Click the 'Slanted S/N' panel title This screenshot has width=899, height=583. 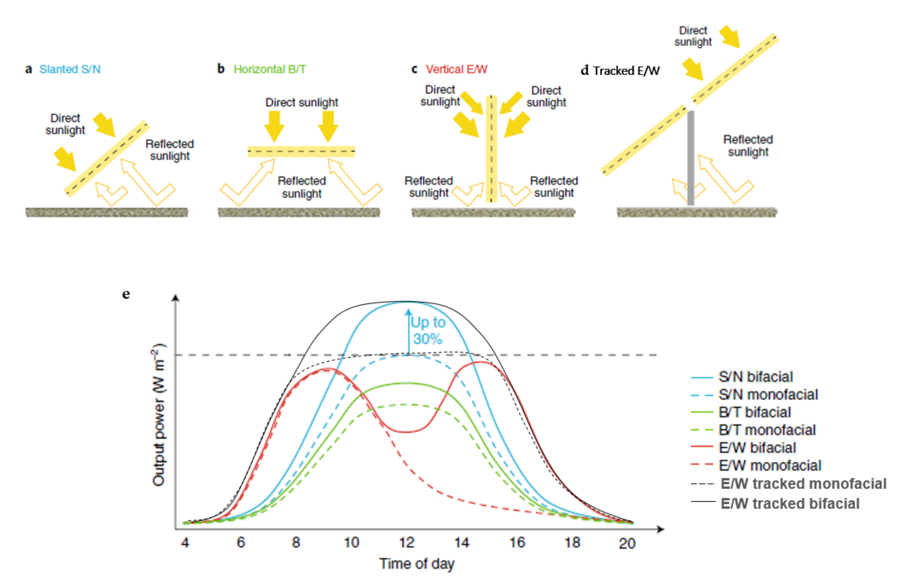pos(70,69)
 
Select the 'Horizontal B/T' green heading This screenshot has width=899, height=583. pos(269,69)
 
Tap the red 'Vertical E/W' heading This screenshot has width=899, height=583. pos(456,69)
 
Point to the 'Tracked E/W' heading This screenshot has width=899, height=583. pos(626,71)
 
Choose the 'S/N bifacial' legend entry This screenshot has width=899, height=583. pos(755,377)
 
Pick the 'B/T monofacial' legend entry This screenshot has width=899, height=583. pos(767,430)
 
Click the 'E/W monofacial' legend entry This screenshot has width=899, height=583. pos(770,466)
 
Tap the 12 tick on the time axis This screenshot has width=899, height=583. pos(407,543)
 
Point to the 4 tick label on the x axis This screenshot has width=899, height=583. pos(185,543)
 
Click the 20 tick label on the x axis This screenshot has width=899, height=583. pos(627,543)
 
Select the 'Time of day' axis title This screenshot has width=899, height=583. pos(417,564)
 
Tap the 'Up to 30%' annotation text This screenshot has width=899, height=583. pos(428,331)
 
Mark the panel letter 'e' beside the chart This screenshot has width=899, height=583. pos(126,294)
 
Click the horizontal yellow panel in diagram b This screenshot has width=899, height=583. pos(301,151)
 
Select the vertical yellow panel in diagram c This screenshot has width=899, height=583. pos(491,149)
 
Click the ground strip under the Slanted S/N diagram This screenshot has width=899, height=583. pos(107,213)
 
